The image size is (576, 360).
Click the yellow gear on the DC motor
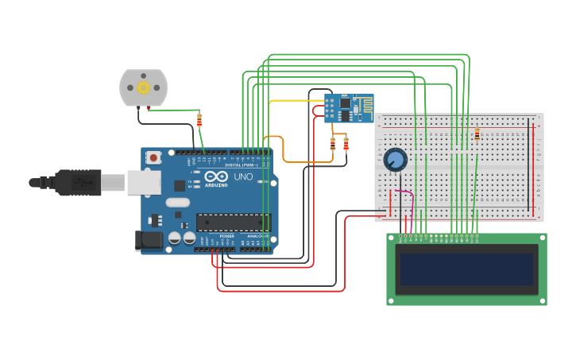[144, 87]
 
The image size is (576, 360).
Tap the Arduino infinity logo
[215, 176]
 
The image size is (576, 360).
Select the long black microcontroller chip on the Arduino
[233, 223]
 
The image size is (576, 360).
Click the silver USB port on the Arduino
[144, 183]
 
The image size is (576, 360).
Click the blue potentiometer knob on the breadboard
[395, 160]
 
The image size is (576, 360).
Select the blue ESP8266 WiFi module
[348, 107]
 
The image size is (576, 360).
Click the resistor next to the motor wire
[199, 120]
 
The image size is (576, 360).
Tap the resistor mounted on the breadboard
[477, 134]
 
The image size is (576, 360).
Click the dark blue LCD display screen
[466, 269]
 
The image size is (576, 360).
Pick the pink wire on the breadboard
[404, 192]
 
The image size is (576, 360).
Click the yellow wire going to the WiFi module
[294, 101]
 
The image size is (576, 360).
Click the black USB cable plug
[78, 182]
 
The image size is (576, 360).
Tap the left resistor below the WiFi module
[333, 144]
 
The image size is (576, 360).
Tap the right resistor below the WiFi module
[346, 144]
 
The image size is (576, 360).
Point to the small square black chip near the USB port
[180, 185]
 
